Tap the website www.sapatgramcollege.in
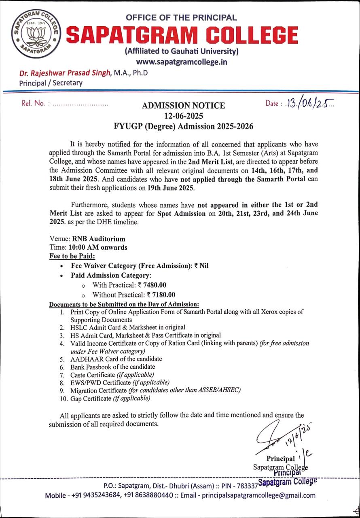[x=181, y=62]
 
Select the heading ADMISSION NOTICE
[x=183, y=106]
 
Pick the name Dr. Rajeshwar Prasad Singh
[x=65, y=73]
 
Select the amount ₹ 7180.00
[x=161, y=295]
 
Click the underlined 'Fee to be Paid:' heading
[x=72, y=256]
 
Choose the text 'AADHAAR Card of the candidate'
[x=116, y=359]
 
